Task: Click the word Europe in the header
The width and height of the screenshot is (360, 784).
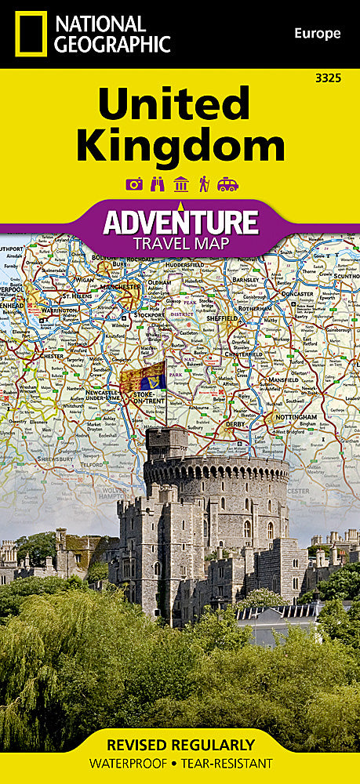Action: [x=318, y=33]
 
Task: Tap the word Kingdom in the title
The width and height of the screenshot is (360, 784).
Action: [x=180, y=146]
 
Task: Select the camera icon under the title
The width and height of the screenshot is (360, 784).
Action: [x=134, y=184]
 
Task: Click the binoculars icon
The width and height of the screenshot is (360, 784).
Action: [x=157, y=184]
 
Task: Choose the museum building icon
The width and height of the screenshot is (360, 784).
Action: [x=180, y=184]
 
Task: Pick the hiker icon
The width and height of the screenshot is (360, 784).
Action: [x=203, y=184]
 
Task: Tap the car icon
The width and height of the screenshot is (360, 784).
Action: [x=227, y=184]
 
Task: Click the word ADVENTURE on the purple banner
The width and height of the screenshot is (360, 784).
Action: [x=180, y=222]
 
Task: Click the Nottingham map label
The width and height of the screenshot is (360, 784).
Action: [x=296, y=417]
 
